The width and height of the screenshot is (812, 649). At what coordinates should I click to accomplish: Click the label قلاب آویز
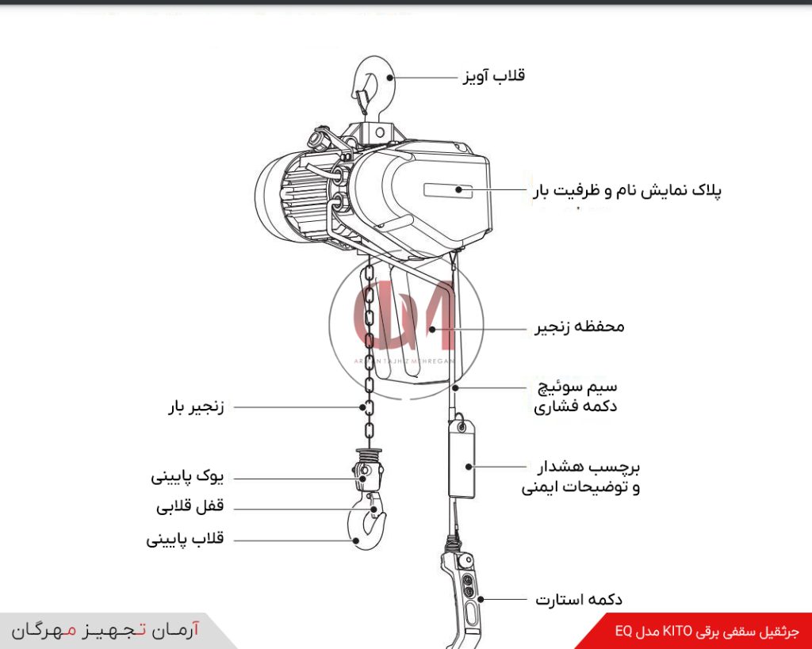click(493, 76)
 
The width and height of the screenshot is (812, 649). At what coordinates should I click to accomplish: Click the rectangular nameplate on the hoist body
click(447, 190)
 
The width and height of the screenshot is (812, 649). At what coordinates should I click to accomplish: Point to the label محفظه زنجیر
click(577, 326)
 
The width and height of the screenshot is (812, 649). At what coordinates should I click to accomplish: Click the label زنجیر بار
click(195, 407)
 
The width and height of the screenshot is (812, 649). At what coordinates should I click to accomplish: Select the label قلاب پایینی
click(186, 539)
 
